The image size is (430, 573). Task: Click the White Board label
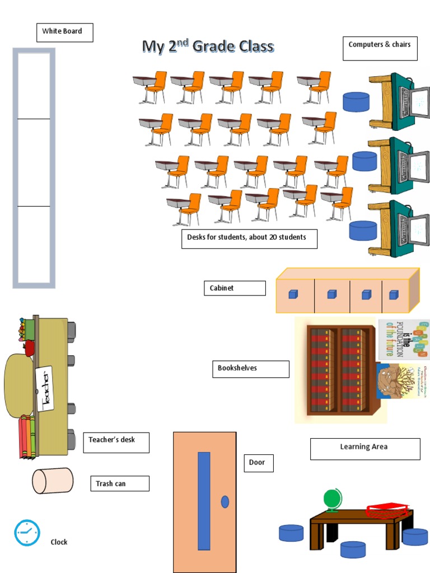[x=64, y=32]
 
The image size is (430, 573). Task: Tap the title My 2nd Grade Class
[x=208, y=46]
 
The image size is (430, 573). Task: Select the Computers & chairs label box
[x=380, y=48]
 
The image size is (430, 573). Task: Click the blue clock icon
[x=27, y=533]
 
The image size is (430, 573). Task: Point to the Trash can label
[x=119, y=483]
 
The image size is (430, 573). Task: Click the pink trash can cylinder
[x=52, y=481]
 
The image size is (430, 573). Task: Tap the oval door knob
[x=225, y=502]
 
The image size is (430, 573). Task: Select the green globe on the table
[x=333, y=499]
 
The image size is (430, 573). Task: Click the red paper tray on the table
[x=387, y=510]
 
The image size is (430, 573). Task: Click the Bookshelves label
[x=250, y=369]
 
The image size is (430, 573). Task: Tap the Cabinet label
[x=234, y=288]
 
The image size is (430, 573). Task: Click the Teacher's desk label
[x=116, y=442]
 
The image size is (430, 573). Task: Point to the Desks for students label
[x=249, y=238]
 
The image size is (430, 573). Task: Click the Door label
[x=258, y=463]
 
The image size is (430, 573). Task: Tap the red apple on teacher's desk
[x=29, y=348]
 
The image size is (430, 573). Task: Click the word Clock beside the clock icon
[x=59, y=542]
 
